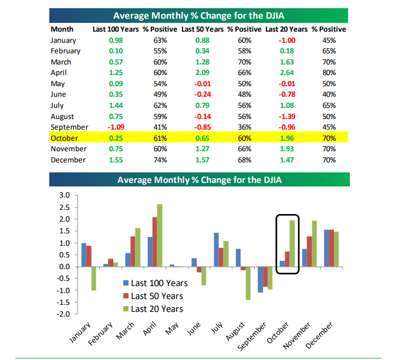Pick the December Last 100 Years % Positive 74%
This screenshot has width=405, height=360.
pyautogui.click(x=152, y=160)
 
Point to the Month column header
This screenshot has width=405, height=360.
pyautogui.click(x=62, y=29)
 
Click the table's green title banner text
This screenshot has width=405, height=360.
pyautogui.click(x=199, y=15)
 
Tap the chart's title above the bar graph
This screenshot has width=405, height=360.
pyautogui.click(x=199, y=179)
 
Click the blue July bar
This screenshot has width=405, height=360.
pyautogui.click(x=216, y=250)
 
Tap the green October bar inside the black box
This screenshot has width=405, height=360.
pyautogui.click(x=292, y=243)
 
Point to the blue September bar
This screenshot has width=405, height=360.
pyautogui.click(x=260, y=280)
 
